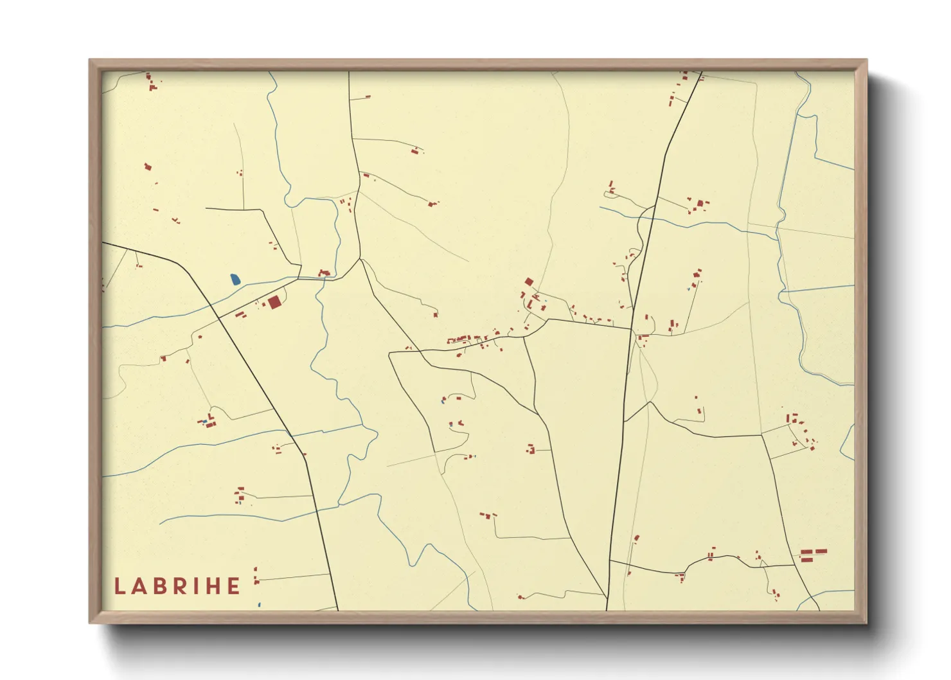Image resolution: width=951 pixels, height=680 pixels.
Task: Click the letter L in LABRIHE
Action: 120,586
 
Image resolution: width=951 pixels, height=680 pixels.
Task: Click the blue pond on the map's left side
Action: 235,280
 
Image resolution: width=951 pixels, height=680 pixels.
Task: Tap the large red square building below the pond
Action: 274,302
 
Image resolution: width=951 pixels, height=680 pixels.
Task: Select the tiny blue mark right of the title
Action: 259,605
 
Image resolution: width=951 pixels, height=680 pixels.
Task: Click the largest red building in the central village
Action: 529,282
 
